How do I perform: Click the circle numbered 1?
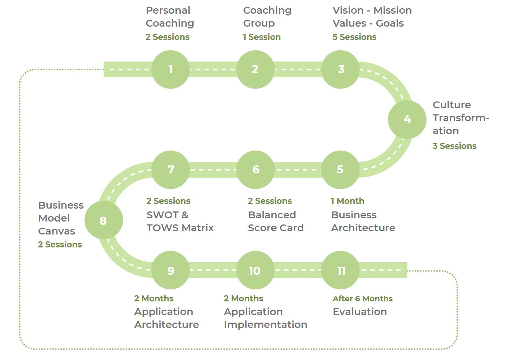(x=170, y=69)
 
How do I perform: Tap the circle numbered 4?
(x=407, y=119)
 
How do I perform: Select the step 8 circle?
(x=104, y=220)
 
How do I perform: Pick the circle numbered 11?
(x=340, y=270)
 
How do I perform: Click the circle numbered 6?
(x=256, y=170)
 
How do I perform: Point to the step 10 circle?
(x=255, y=270)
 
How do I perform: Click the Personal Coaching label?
(x=170, y=17)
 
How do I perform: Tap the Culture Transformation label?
(x=460, y=118)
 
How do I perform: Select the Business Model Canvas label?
(x=60, y=218)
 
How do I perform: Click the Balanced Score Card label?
(x=276, y=221)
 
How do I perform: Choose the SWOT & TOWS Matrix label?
(x=180, y=221)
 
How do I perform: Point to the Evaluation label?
(x=359, y=311)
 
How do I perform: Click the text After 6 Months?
(x=362, y=299)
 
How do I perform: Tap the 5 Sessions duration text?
(x=354, y=37)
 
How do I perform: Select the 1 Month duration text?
(x=347, y=201)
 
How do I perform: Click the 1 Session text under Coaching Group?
(x=262, y=37)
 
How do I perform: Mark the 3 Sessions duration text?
(x=454, y=146)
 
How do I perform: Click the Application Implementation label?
(x=265, y=318)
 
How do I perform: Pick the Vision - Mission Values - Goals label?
(x=372, y=17)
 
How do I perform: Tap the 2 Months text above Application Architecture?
(x=153, y=299)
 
